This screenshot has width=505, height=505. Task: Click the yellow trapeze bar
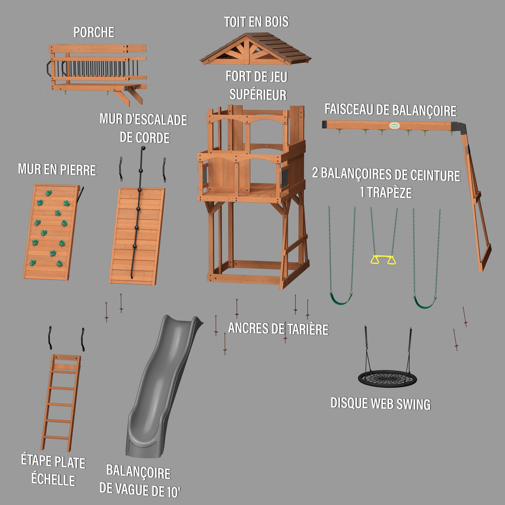(x=383, y=257)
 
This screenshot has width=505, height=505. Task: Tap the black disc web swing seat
(x=387, y=379)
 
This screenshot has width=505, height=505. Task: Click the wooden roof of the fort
(x=255, y=49)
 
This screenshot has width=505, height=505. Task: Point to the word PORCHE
(x=94, y=32)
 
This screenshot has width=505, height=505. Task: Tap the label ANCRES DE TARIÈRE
(x=278, y=329)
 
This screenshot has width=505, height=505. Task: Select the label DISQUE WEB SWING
(x=381, y=404)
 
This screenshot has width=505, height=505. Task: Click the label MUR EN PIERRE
(x=57, y=169)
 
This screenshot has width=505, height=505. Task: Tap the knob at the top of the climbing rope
(x=143, y=148)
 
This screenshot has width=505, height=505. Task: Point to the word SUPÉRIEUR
(x=258, y=94)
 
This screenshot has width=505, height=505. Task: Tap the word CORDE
(x=145, y=138)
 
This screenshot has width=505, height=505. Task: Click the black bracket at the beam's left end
(x=325, y=124)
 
